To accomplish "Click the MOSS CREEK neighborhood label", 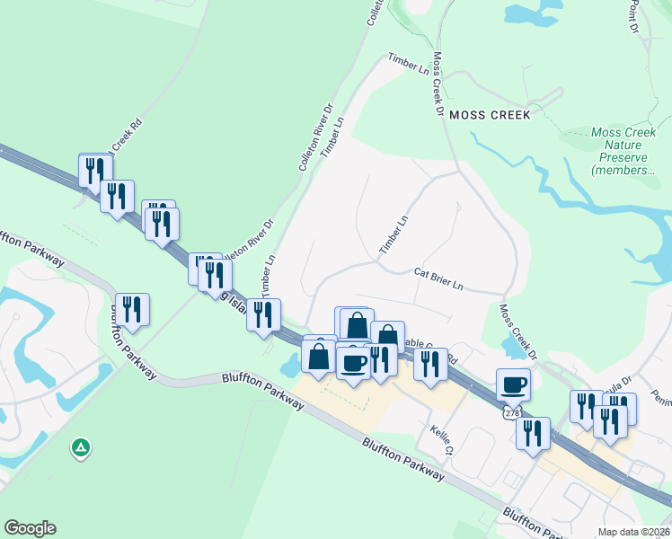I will pos(490,115).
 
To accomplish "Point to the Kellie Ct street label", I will pos(445,441).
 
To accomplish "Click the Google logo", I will pos(30,528).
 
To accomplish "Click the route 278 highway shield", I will pos(511,411).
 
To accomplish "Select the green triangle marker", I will pos(81,446).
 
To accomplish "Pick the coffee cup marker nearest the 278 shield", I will pos(514,384).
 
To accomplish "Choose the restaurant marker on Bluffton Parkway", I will pos(132,309).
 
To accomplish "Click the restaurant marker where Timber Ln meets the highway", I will pos(263,314).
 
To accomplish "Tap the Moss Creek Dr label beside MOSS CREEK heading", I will pos(438,84).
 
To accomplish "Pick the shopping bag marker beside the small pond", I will pos(319,356).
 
